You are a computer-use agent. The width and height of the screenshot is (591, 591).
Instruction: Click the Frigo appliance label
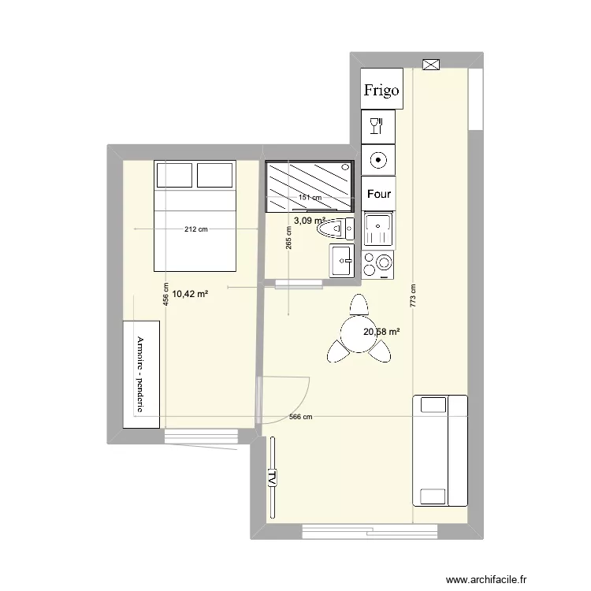pyautogui.click(x=381, y=90)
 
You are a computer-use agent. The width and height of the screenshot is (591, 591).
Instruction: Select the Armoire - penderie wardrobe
pyautogui.click(x=141, y=374)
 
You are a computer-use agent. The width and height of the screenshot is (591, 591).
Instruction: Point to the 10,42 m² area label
pyautogui.click(x=190, y=294)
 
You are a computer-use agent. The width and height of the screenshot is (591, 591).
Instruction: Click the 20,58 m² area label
pyautogui.click(x=381, y=333)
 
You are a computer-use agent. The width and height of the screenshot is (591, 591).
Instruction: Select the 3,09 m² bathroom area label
pyautogui.click(x=310, y=221)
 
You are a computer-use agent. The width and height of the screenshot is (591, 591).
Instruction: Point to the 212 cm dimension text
pyautogui.click(x=196, y=229)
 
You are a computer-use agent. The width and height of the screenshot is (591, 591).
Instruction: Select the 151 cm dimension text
pyautogui.click(x=310, y=198)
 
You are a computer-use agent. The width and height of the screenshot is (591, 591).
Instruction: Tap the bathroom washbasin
pyautogui.click(x=343, y=261)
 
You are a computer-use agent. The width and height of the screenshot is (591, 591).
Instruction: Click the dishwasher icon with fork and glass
pyautogui.click(x=377, y=125)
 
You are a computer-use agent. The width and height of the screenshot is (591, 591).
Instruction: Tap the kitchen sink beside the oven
pyautogui.click(x=378, y=230)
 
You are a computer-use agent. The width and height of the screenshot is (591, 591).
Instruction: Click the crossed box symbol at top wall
pyautogui.click(x=431, y=65)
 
